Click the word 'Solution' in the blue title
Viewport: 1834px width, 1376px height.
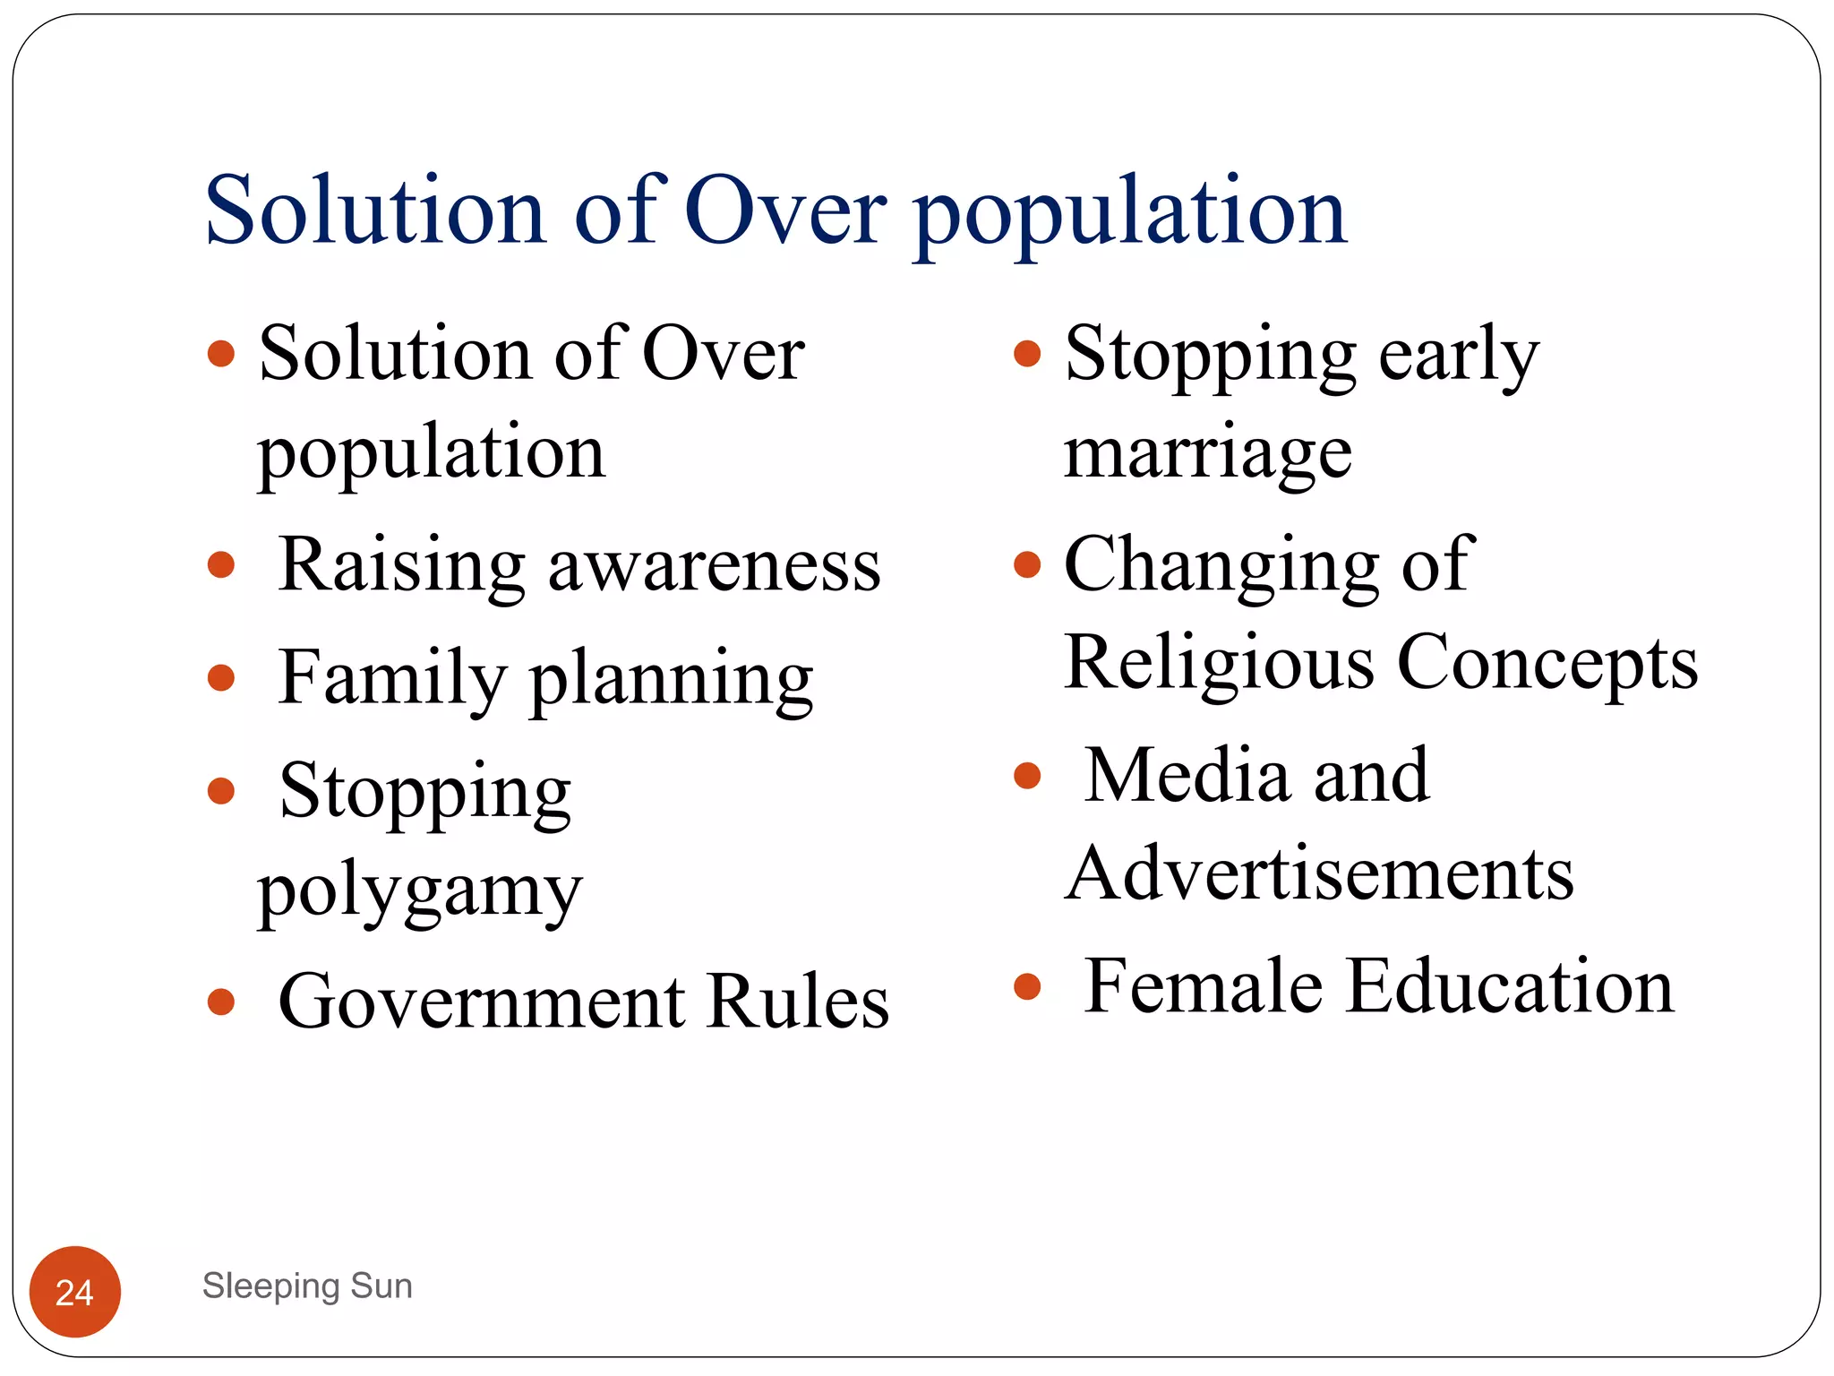375,211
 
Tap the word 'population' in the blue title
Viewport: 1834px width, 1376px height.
1129,215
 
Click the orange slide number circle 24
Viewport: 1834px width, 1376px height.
75,1291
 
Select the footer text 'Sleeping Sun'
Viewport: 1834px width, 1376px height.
307,1286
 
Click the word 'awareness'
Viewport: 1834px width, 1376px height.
714,566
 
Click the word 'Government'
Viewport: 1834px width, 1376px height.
482,1002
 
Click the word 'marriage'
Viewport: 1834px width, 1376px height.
1207,453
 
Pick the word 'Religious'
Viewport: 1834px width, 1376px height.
1219,663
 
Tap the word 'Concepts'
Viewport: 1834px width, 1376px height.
1547,663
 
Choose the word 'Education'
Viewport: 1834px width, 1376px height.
1510,986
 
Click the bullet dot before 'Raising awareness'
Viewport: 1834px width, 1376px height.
220,565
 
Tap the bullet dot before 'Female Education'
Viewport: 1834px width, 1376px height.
1027,986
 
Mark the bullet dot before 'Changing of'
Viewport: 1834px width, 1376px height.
1027,565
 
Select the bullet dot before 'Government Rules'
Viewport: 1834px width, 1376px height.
220,1002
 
